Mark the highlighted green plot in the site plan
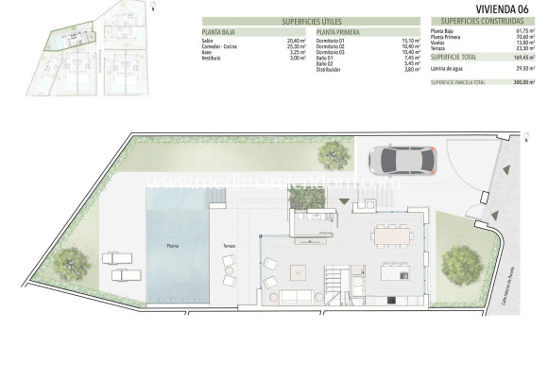66,43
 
